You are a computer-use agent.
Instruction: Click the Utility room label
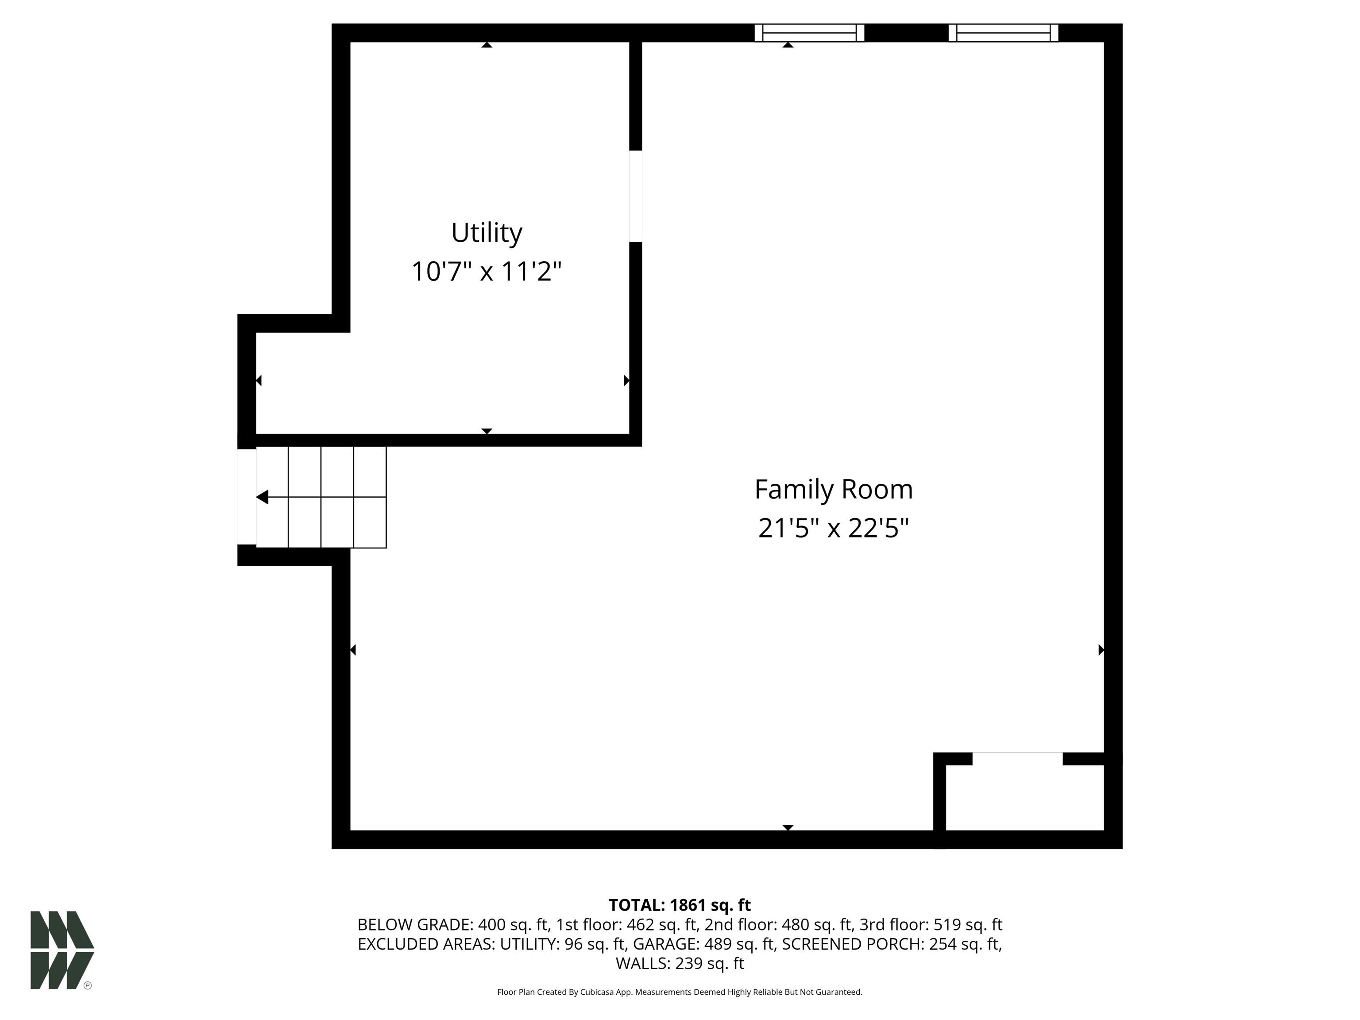click(x=487, y=233)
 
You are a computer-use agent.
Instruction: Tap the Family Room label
click(x=834, y=489)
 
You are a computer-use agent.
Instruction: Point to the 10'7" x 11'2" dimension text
click(x=487, y=271)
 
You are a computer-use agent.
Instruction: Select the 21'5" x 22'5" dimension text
click(x=834, y=528)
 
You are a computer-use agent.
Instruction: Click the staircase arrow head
click(x=263, y=497)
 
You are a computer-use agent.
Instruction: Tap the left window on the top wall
click(x=809, y=33)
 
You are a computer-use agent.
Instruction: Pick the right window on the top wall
click(x=1004, y=33)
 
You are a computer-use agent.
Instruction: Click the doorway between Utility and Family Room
click(x=636, y=196)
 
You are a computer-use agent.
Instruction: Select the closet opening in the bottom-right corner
click(x=1017, y=759)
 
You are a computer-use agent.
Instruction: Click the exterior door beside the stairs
click(x=247, y=497)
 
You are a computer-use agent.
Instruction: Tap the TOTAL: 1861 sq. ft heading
click(x=680, y=905)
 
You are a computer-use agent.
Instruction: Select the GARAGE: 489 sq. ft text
click(x=705, y=944)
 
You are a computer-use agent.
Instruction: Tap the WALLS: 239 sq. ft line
click(x=680, y=963)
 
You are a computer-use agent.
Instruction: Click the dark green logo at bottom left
click(x=62, y=950)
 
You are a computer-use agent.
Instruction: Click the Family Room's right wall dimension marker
click(x=1101, y=649)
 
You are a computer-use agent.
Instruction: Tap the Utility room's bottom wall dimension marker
click(x=487, y=431)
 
